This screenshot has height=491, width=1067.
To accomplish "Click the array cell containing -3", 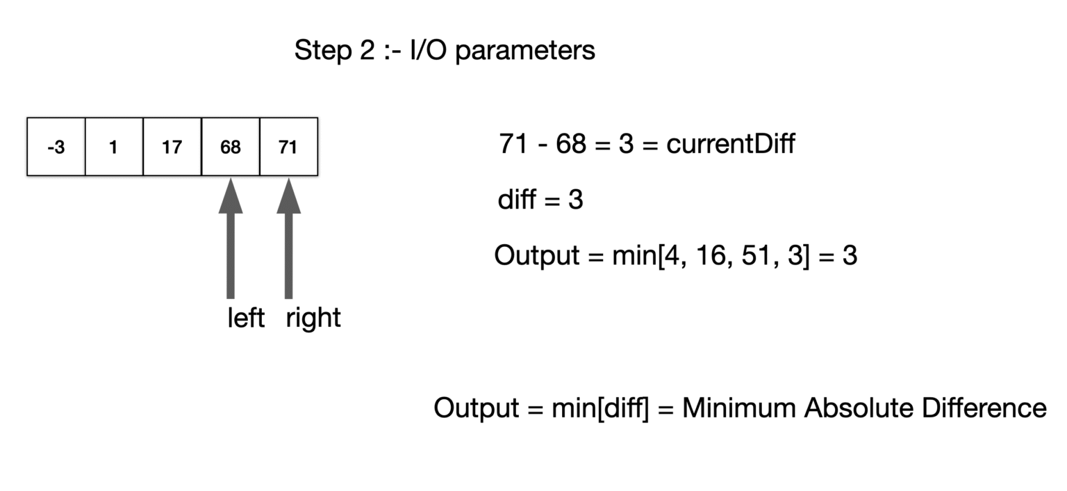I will coord(56,147).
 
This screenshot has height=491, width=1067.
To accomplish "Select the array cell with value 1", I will coord(114,147).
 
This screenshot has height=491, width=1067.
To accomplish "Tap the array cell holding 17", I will coord(172,147).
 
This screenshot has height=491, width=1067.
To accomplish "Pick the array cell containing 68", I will coord(230,147).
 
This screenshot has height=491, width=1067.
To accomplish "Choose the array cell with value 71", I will coord(288,147).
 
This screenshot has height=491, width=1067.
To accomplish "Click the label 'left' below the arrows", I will coord(246,319).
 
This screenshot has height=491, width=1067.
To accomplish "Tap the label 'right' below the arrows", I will coord(313,319).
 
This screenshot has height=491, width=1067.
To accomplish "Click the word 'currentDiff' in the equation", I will coord(730,145).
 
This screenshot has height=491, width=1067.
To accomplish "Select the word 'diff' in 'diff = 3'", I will coord(515,200).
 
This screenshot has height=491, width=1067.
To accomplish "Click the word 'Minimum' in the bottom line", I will coord(738,408).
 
